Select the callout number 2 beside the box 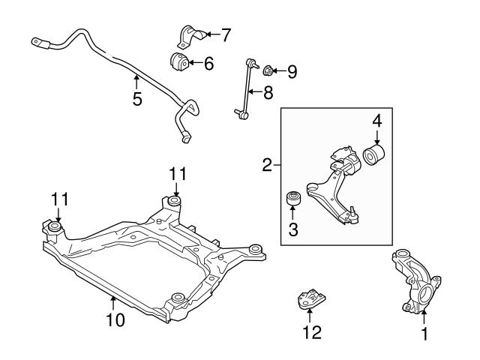[x=267, y=166]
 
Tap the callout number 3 [x=293, y=230]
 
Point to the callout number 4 [x=377, y=121]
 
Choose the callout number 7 [x=226, y=34]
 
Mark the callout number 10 [x=115, y=320]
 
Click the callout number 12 [x=309, y=331]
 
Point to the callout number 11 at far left [x=59, y=199]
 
